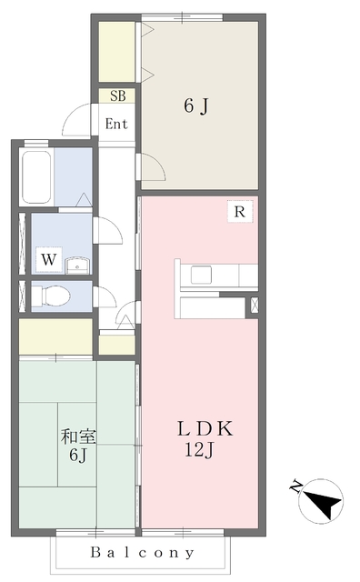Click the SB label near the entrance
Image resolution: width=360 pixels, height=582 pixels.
click(x=117, y=95)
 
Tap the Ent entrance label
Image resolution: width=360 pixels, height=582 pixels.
click(x=117, y=124)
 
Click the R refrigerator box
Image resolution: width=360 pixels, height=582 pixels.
click(x=240, y=213)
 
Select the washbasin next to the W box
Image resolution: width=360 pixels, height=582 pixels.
click(x=78, y=265)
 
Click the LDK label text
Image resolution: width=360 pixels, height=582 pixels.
click(x=205, y=427)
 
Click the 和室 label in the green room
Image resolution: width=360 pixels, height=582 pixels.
click(x=76, y=436)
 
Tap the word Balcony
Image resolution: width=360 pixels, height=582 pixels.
click(x=143, y=552)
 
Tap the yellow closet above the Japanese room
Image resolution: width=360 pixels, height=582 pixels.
click(x=55, y=336)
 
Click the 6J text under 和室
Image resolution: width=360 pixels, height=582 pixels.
click(x=76, y=455)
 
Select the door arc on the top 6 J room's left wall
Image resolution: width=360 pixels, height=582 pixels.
click(x=150, y=168)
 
